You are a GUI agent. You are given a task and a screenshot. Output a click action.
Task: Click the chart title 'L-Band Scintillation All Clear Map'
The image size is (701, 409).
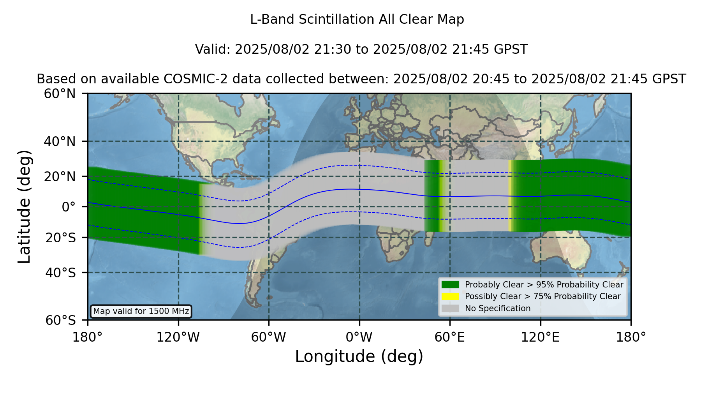coord(357,19)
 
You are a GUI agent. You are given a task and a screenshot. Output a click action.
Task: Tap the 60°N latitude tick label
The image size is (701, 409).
coord(60,93)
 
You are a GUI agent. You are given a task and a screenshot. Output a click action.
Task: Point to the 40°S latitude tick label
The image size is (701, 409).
coord(61,273)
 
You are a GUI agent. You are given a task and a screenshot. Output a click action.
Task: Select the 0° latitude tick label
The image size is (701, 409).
coord(69,206)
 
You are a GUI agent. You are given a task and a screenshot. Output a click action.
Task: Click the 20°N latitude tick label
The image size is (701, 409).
coord(60,176)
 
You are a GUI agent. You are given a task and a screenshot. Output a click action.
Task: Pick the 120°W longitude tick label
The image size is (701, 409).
coord(178,337)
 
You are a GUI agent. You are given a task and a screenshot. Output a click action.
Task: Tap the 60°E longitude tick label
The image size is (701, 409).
coord(450,337)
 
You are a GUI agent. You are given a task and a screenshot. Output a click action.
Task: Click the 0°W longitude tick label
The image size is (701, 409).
coord(359,337)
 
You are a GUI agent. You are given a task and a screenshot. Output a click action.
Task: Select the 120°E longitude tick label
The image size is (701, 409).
coord(540,337)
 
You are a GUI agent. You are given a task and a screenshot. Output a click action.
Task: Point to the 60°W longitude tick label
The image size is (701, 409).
coord(269,337)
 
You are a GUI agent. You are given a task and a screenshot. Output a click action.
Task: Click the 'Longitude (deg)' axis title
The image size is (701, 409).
coord(359,356)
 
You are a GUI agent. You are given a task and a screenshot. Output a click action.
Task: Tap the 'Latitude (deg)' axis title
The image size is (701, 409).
coord(25,206)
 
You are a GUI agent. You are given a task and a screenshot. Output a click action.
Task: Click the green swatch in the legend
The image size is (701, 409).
coord(450,284)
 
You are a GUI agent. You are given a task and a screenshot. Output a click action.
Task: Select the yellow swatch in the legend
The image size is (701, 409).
coord(450,296)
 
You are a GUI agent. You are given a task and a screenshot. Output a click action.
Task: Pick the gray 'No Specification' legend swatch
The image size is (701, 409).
coord(450,309)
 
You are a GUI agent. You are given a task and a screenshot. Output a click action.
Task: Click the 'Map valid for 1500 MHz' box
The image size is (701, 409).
coord(141,311)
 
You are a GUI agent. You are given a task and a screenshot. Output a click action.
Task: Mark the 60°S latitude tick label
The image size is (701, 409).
coord(61,320)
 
